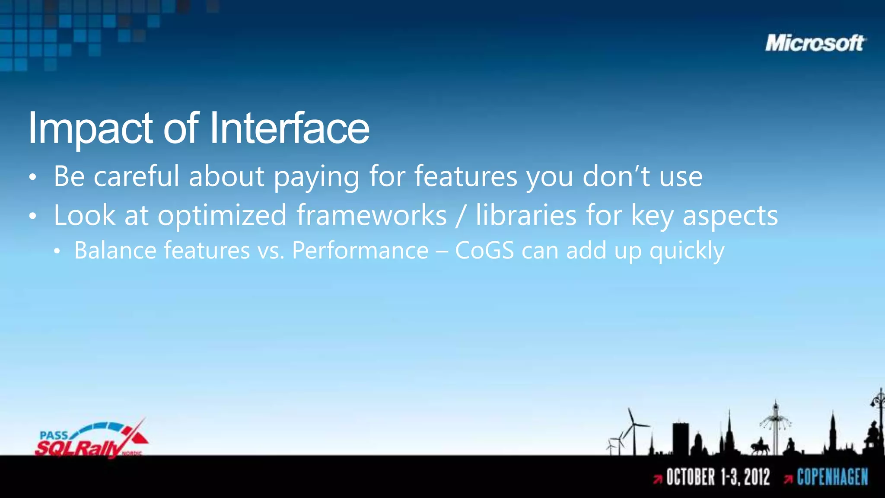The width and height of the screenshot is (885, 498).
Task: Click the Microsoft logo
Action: pos(815,43)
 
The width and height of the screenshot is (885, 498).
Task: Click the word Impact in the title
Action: pos(90,128)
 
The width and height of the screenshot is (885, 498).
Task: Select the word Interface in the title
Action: pos(289,128)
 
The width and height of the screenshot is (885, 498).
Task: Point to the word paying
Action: pos(316,177)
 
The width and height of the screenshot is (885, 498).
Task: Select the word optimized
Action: pos(222,216)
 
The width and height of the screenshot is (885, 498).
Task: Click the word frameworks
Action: pos(371,215)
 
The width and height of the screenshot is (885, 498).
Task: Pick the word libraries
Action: pos(526,215)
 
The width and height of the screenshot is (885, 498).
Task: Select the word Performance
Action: pos(360,250)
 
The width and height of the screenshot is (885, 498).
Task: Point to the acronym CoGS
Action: pos(484,250)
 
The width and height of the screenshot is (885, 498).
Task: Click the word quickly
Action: pos(687,251)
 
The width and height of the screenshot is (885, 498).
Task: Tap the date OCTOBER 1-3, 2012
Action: pos(718,477)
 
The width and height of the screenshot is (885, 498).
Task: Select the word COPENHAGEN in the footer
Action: pos(832,477)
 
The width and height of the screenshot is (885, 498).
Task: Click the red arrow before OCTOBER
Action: pos(658,479)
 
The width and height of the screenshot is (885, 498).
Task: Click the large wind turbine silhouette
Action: pos(634,428)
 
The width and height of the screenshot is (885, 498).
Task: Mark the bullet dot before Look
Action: pos(33,216)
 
